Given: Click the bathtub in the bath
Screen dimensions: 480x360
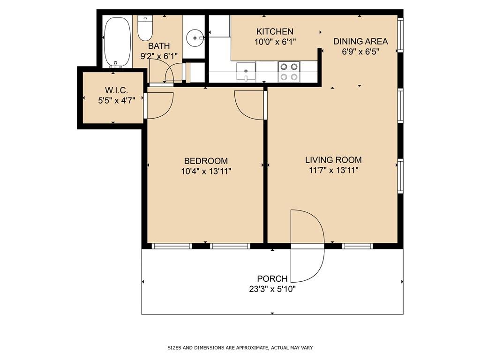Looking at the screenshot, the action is [118, 42].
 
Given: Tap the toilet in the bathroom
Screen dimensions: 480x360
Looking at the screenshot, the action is [145, 28].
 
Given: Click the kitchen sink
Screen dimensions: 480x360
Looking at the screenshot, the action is [246, 72].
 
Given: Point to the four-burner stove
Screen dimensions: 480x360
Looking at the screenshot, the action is [289, 72].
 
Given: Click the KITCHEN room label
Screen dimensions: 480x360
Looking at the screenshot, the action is [275, 31].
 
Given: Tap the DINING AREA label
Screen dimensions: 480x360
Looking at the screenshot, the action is [360, 41].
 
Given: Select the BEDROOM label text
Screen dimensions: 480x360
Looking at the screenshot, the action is [206, 161].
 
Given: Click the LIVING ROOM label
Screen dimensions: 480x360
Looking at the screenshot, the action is [333, 160].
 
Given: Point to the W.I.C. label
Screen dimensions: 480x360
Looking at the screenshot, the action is [116, 90].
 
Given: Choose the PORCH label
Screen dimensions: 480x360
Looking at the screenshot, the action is [272, 279].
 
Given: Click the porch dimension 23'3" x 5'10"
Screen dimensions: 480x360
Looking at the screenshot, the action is [272, 289].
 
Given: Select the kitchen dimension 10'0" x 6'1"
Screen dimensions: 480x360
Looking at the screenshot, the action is [275, 42].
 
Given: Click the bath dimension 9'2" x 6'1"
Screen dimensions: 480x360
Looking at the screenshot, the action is [159, 56].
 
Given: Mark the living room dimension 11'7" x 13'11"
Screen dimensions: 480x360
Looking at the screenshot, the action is [333, 170].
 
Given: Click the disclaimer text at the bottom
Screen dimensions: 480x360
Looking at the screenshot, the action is [240, 348].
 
